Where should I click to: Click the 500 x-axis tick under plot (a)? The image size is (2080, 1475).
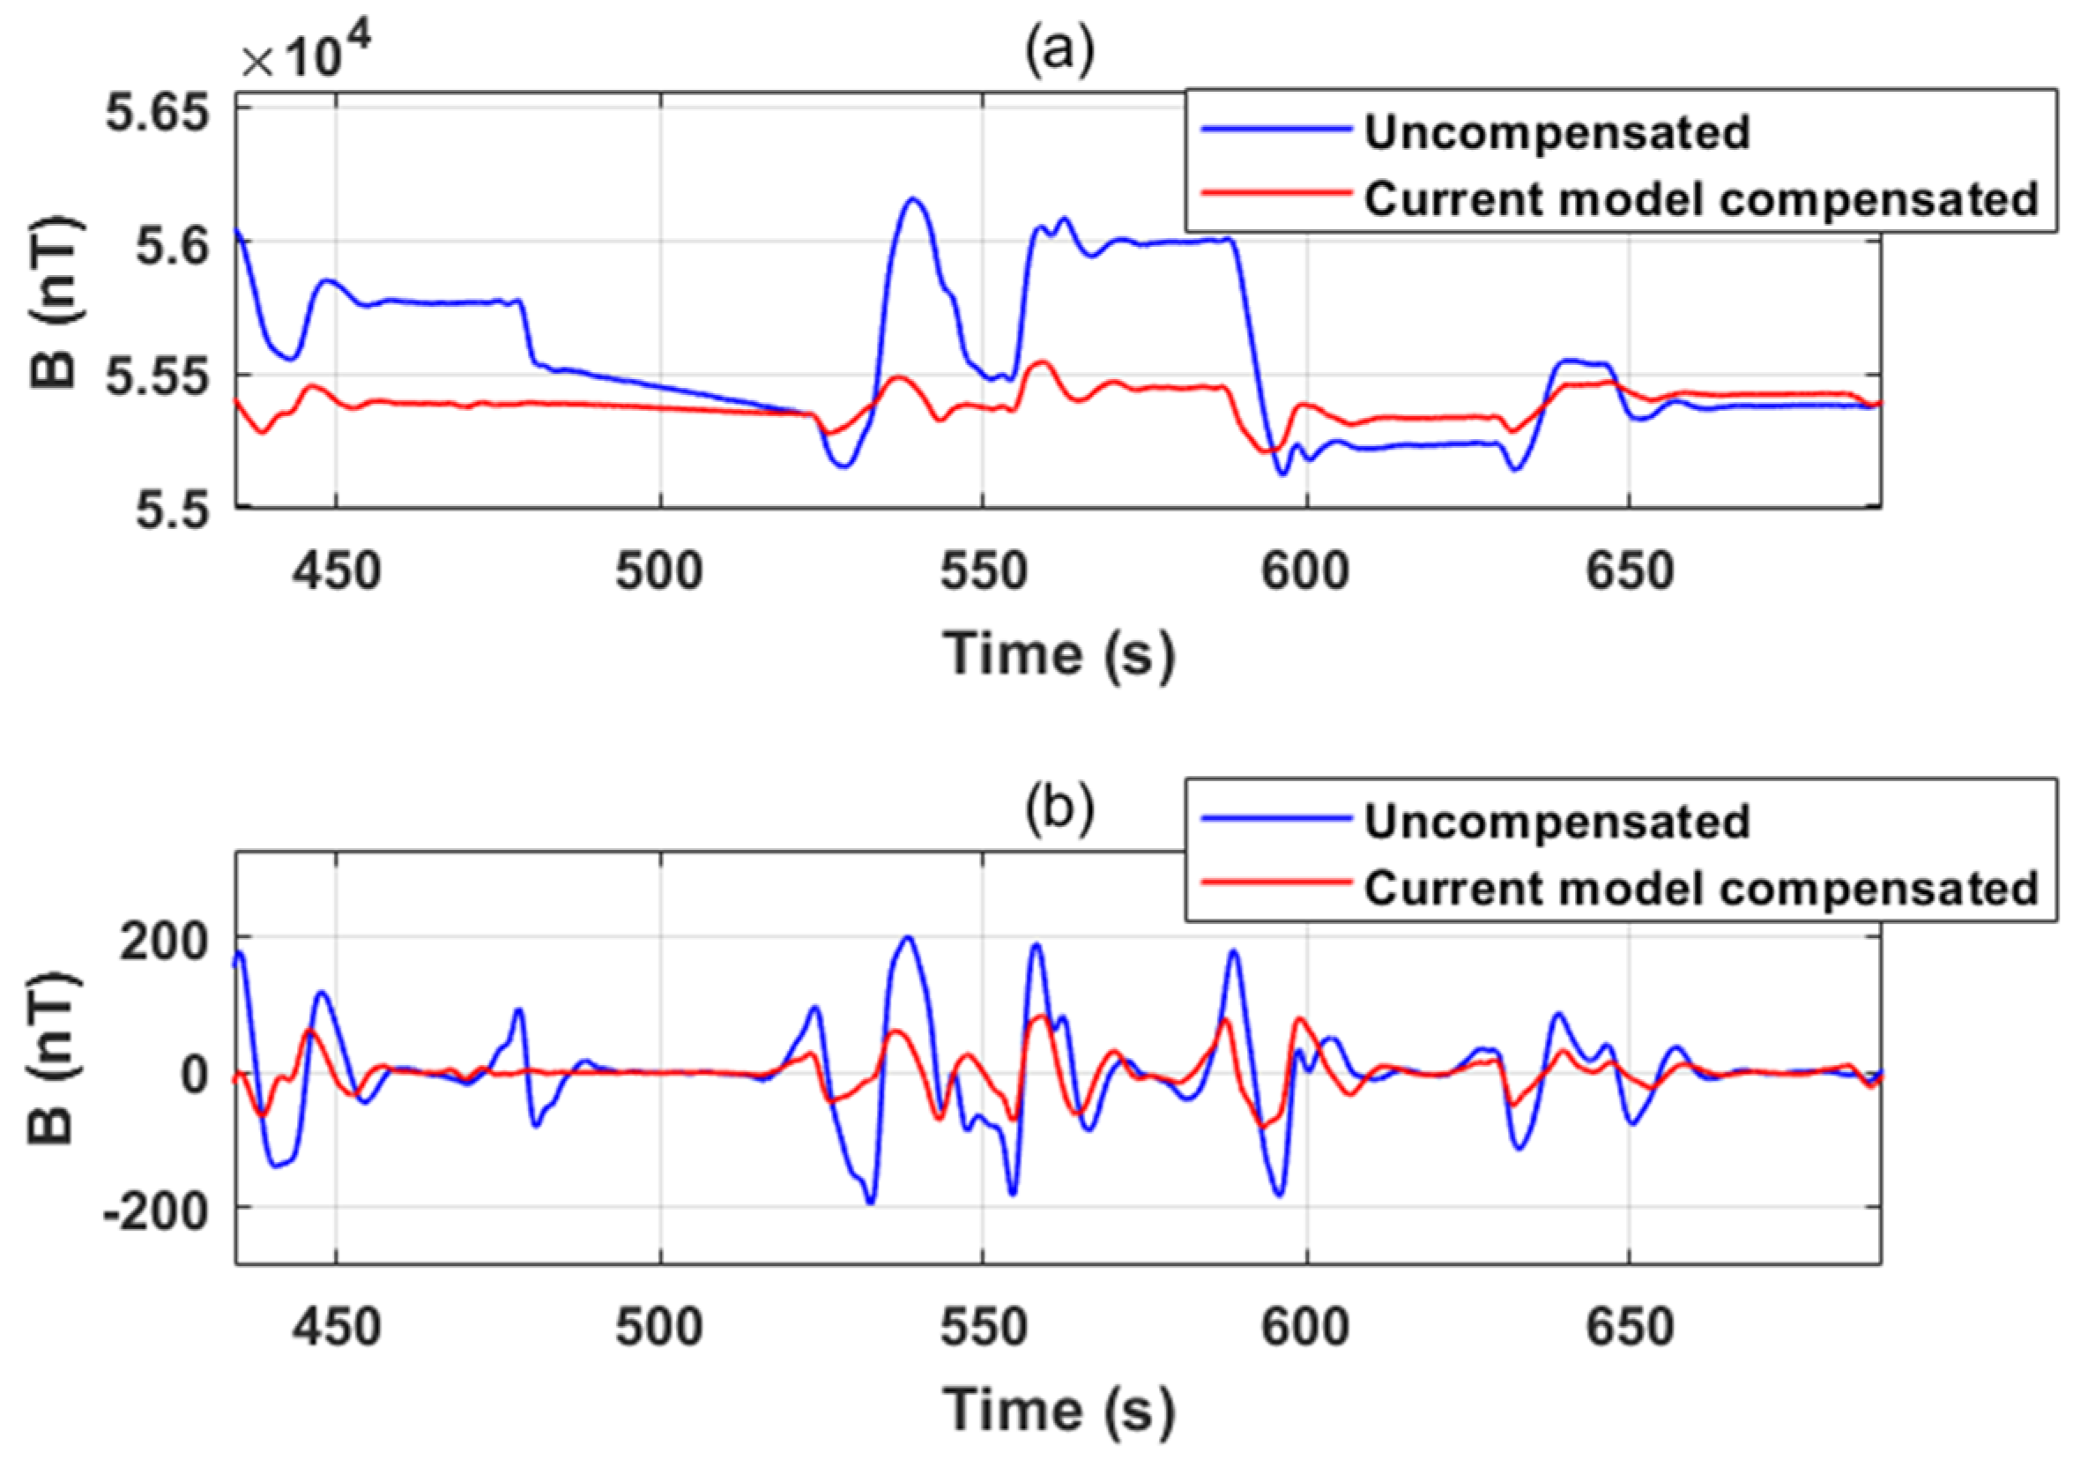pos(660,571)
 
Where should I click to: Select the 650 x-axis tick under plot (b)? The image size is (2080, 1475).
pos(1630,1328)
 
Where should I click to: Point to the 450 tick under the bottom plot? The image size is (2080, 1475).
pos(337,1328)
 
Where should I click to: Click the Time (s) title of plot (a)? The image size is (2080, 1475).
pos(1059,653)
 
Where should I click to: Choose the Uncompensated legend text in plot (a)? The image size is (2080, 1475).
pos(1557,132)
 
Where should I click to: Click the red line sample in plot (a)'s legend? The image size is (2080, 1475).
pos(1275,192)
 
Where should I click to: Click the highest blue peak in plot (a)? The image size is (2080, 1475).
pos(913,199)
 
